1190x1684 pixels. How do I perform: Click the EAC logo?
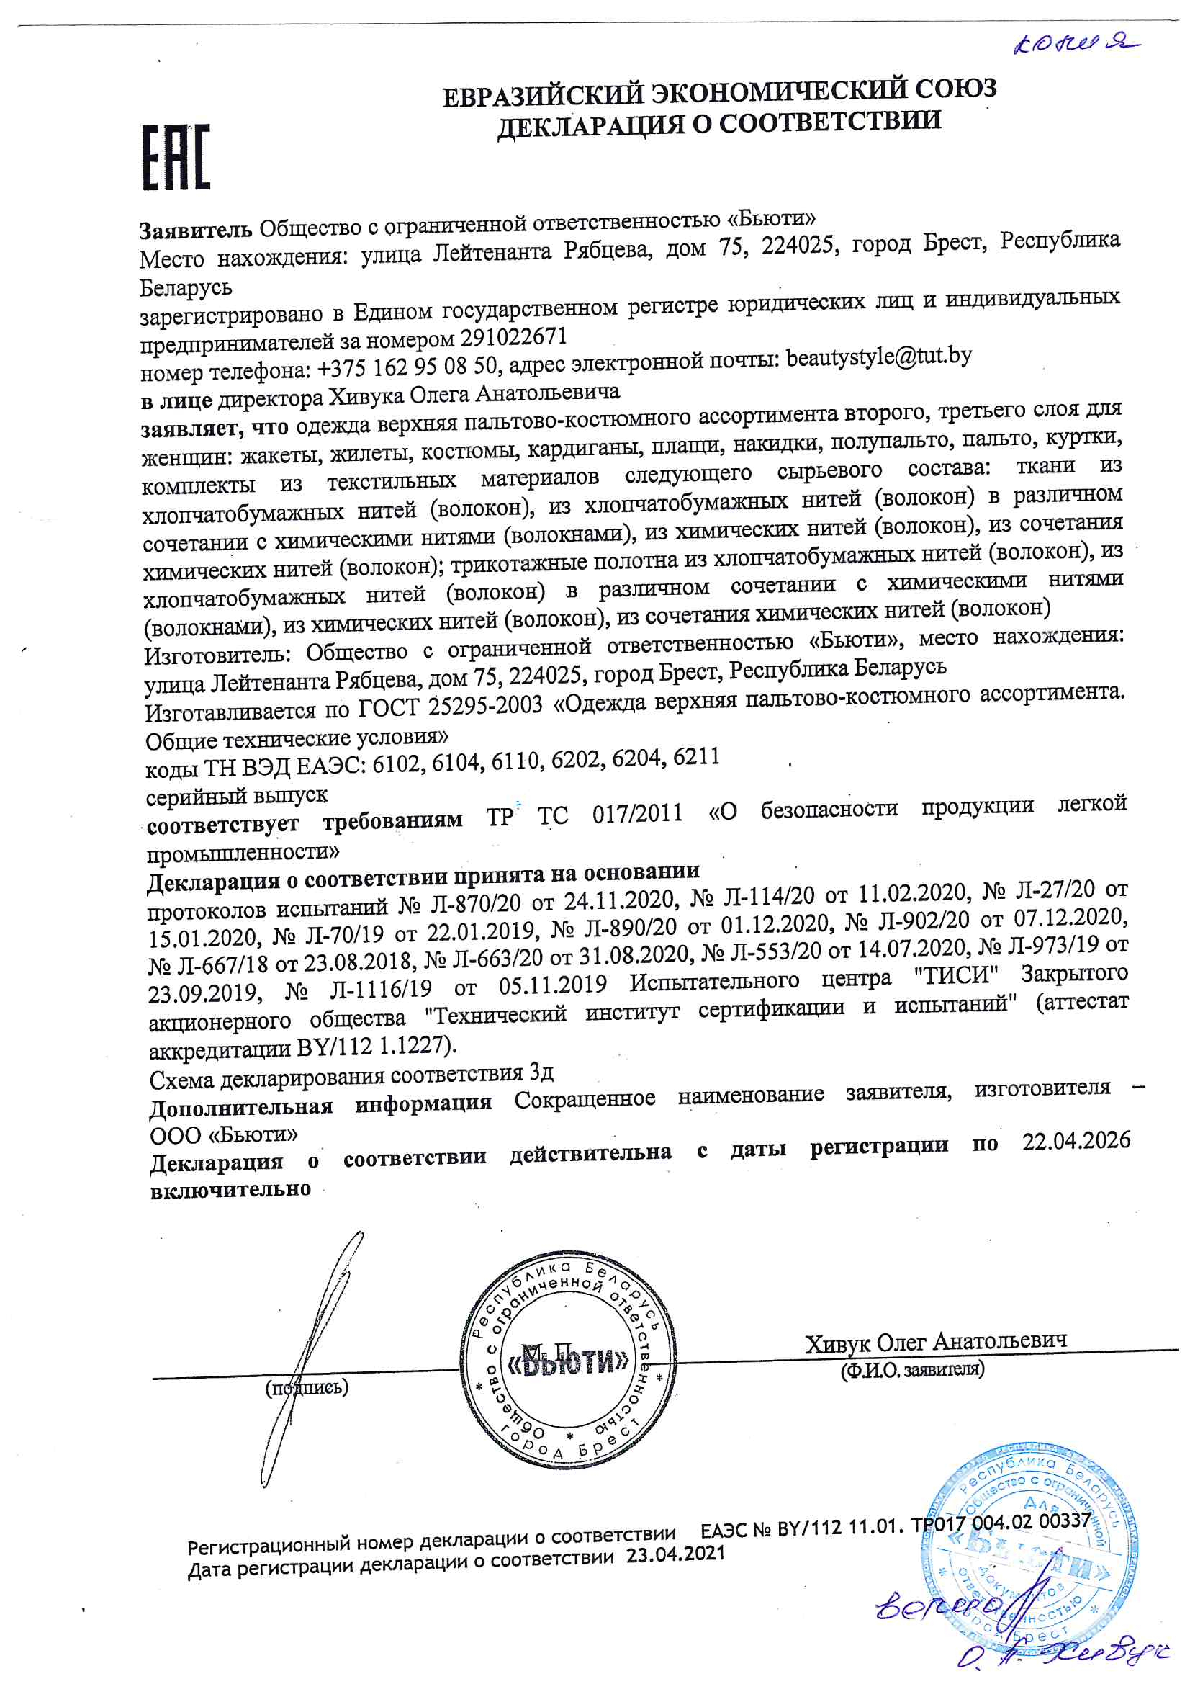[x=176, y=157]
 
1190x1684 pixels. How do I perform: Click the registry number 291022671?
[x=513, y=336]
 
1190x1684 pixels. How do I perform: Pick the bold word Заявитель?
[x=196, y=230]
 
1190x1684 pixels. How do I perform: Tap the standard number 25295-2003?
[x=484, y=706]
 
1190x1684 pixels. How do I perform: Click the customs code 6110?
[x=518, y=762]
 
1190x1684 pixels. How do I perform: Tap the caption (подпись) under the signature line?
[x=307, y=1387]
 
